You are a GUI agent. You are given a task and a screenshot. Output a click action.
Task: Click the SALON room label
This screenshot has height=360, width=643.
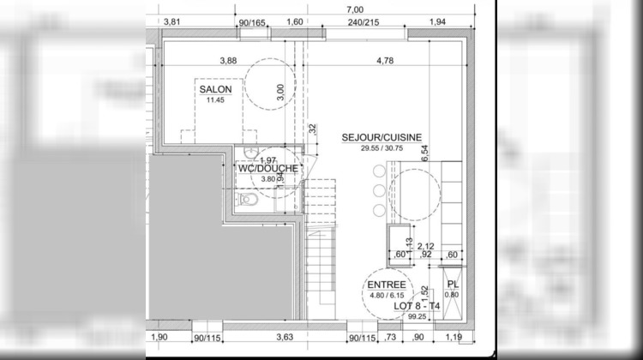[x=214, y=89]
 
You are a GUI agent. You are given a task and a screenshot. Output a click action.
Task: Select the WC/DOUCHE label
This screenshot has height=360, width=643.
[x=268, y=168]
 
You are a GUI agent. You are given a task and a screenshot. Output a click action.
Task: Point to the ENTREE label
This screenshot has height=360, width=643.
[x=386, y=285]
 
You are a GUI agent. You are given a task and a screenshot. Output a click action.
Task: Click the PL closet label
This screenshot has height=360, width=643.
[x=454, y=285]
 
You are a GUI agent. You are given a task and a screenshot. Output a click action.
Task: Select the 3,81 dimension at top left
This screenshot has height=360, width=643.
[x=171, y=21]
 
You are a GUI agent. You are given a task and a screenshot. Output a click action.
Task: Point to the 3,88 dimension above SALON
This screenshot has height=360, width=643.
[x=228, y=61]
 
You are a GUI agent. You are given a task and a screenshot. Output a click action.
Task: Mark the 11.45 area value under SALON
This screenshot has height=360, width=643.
[x=214, y=100]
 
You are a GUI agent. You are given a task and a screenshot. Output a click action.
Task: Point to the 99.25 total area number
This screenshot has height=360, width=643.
[x=394, y=316]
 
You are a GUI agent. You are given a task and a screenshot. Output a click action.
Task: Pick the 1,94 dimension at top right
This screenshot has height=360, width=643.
[x=437, y=21]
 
